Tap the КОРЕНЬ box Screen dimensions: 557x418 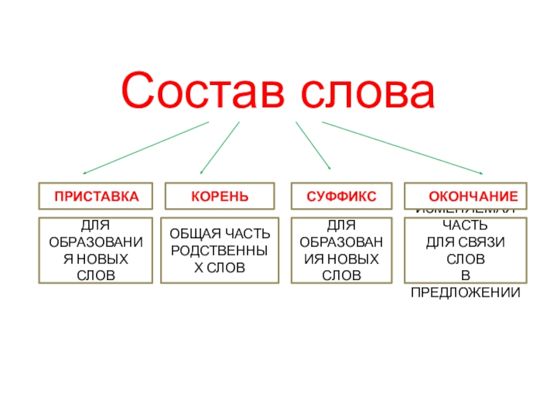click(219, 196)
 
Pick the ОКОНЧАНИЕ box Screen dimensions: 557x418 click(466, 196)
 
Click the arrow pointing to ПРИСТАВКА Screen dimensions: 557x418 click(146, 148)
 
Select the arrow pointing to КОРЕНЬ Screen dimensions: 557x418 click(220, 148)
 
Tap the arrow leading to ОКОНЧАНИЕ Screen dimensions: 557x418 click(402, 148)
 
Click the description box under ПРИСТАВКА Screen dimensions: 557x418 click(95, 250)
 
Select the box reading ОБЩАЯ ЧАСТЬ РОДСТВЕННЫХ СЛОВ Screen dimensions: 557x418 click(219, 250)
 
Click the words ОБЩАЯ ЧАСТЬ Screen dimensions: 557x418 click(219, 232)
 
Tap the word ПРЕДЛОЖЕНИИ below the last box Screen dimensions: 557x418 click(465, 292)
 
